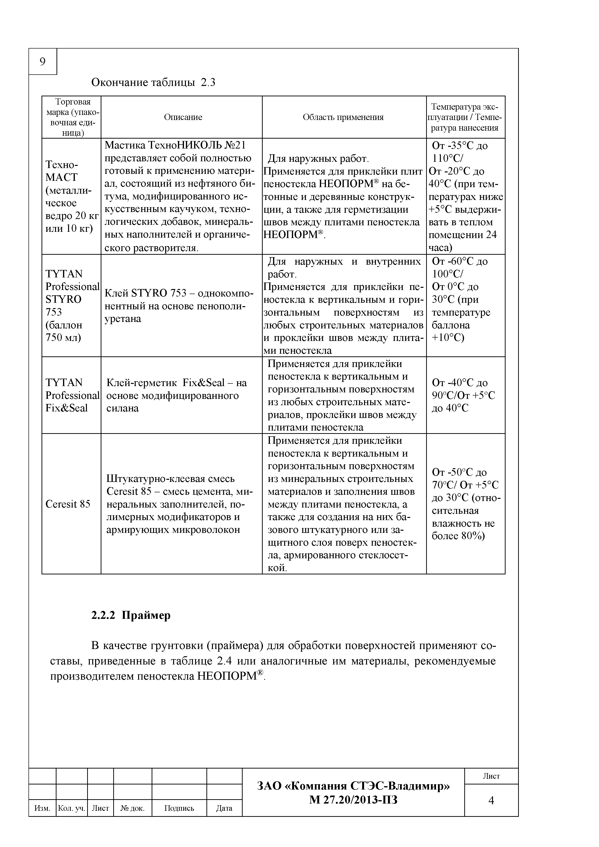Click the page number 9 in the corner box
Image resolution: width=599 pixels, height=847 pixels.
[x=42, y=62]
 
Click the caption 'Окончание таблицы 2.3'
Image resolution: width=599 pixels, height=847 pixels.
[x=153, y=82]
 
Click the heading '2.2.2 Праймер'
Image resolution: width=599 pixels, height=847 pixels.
[x=131, y=615]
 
